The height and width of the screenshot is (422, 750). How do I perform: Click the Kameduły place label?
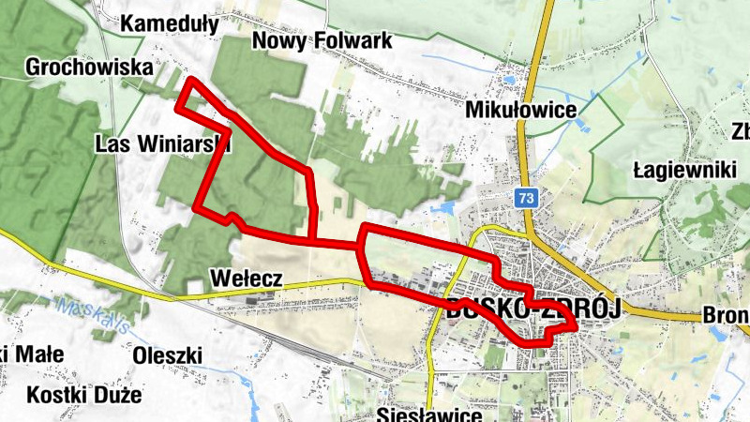170,23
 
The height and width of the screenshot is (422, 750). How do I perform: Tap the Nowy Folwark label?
322,41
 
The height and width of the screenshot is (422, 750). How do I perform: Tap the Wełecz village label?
247,279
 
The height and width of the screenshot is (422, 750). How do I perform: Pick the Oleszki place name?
168,355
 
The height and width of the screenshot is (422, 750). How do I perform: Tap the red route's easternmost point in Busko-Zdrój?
574,325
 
